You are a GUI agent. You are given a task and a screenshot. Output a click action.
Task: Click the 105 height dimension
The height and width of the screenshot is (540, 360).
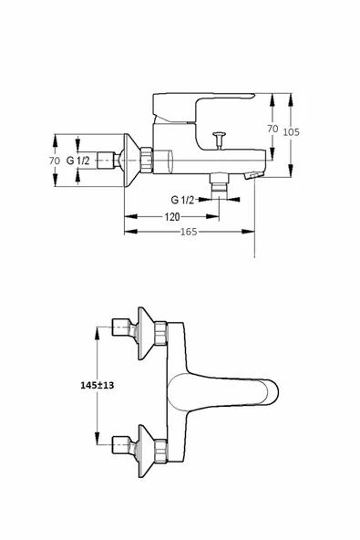pyautogui.click(x=291, y=132)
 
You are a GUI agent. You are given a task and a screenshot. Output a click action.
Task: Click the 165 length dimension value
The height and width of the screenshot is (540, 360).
pyautogui.click(x=189, y=232)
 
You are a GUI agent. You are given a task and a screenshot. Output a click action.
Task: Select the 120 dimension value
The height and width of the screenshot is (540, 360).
pyautogui.click(x=171, y=217)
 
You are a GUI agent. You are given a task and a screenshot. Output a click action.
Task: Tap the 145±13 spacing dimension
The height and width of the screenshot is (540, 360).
pyautogui.click(x=97, y=385)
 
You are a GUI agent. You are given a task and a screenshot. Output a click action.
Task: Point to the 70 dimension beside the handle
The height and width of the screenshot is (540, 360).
pyautogui.click(x=273, y=129)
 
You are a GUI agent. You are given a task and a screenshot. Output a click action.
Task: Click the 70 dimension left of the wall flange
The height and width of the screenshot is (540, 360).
pyautogui.click(x=55, y=161)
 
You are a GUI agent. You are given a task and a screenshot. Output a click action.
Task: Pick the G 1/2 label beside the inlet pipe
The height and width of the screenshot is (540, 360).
pyautogui.click(x=78, y=161)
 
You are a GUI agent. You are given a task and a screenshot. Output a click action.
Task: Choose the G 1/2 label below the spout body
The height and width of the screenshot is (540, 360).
pyautogui.click(x=182, y=200)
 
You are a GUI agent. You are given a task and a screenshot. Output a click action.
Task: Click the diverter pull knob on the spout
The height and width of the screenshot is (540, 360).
pyautogui.click(x=219, y=140)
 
